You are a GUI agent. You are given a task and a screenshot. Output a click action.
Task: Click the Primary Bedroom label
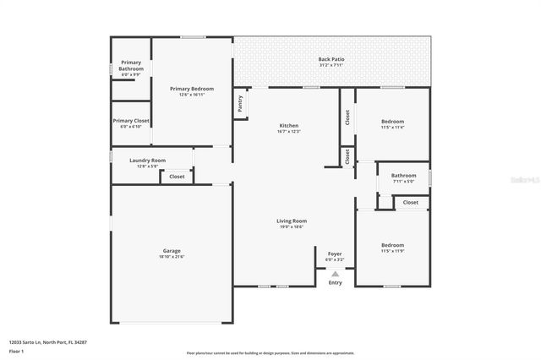192,89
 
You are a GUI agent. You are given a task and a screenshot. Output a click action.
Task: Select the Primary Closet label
131,121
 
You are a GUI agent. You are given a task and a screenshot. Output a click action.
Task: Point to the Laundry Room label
147,160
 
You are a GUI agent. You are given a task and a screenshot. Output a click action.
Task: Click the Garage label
172,250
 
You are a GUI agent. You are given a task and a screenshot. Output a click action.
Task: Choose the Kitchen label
289,126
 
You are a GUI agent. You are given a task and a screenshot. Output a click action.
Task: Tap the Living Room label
290,221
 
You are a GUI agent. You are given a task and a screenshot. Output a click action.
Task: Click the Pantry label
241,103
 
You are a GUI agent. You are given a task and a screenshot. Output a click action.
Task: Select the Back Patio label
331,59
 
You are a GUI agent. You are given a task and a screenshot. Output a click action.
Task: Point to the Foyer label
335,253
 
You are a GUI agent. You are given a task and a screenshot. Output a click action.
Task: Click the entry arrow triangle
335,274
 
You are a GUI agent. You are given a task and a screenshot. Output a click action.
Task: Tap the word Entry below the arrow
335,282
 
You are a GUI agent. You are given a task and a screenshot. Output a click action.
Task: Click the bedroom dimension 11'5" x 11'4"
392,128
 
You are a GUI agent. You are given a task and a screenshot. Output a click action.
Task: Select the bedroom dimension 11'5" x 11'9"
392,251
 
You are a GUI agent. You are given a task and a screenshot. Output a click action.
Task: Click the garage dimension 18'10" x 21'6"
172,256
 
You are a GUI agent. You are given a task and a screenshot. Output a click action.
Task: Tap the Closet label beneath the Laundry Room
177,177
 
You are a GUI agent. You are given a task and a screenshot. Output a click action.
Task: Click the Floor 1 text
17,350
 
